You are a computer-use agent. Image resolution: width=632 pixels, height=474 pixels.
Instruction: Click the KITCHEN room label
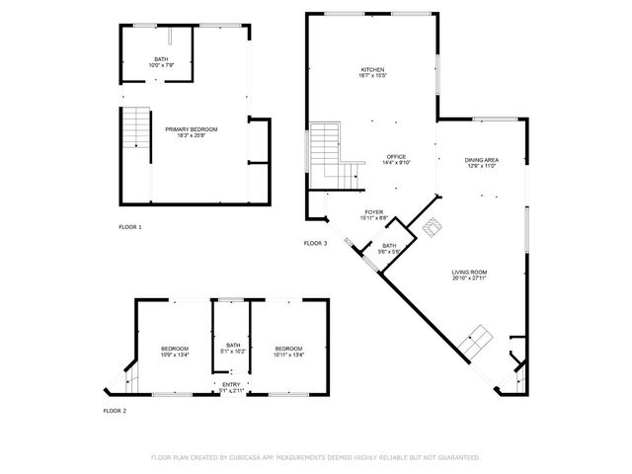372,69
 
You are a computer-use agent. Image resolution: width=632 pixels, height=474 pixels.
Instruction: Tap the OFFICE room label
397,157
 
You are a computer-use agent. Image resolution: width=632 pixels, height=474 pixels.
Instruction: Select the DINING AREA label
482,160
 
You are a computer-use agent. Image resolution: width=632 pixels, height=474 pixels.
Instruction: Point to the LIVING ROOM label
470,272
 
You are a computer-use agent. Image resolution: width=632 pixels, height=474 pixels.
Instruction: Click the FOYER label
374,211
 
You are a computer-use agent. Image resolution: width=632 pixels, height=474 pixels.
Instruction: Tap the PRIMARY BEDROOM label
191,129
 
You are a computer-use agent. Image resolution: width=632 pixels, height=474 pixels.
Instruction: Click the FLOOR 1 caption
130,227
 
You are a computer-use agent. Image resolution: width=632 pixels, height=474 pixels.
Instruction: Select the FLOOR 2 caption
117,410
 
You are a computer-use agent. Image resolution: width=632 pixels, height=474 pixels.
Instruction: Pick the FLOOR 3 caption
315,243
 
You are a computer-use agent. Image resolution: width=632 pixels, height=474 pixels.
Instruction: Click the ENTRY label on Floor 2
230,384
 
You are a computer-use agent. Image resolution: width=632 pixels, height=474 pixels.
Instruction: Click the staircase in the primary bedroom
134,128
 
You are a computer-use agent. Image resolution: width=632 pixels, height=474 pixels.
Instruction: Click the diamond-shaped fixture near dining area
433,227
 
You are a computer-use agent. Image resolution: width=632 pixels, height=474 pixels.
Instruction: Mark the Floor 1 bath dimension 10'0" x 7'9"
161,65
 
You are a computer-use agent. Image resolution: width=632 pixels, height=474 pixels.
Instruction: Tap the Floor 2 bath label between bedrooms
233,345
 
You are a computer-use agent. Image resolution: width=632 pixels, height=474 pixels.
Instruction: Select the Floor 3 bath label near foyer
389,246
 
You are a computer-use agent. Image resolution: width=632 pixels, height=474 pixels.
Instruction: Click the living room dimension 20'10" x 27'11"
470,277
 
